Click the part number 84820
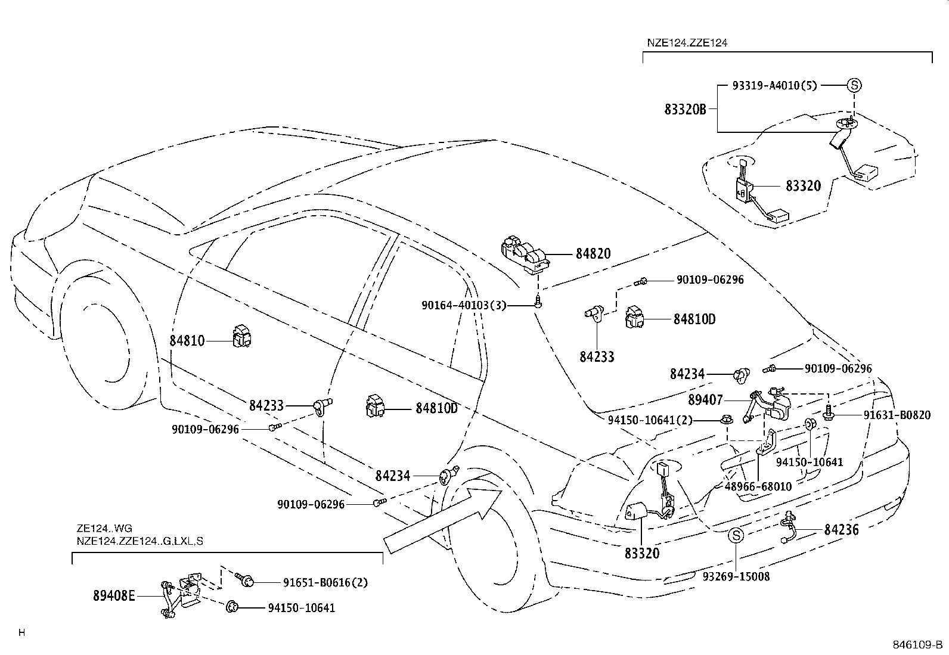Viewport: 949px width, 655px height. [x=593, y=254]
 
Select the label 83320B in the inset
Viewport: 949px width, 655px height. [x=685, y=110]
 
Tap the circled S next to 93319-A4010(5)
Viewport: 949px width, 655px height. [x=854, y=85]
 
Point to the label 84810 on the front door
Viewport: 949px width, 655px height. [x=187, y=341]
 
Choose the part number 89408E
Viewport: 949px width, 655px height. [x=114, y=595]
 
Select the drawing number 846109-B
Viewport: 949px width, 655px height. [x=917, y=645]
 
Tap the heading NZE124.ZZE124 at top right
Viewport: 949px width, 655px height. [x=687, y=43]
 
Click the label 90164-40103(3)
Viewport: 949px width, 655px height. [x=463, y=305]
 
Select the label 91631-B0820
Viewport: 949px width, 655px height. [x=897, y=415]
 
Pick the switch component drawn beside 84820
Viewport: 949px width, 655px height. [x=525, y=254]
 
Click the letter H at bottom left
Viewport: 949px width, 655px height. [x=21, y=633]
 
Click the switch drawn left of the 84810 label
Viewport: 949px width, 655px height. [x=244, y=337]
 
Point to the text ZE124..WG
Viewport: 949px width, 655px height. [x=104, y=528]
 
